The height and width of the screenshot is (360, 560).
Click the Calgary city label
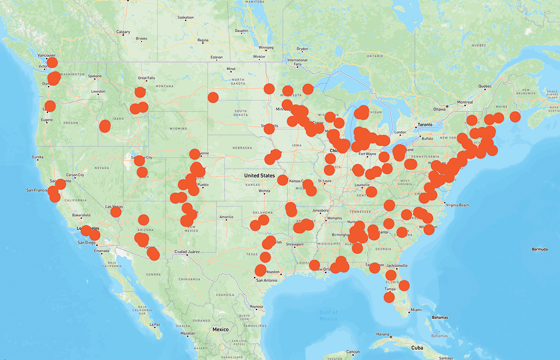tap(123, 32)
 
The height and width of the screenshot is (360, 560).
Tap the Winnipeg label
tap(265, 48)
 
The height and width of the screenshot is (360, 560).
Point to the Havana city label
tap(382, 334)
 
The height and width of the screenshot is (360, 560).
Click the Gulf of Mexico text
tap(328, 316)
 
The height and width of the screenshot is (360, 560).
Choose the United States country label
tap(259, 175)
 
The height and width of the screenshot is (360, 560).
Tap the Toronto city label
tap(425, 125)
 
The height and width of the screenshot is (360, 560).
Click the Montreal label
tap(465, 103)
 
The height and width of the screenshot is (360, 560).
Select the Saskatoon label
tap(186, 18)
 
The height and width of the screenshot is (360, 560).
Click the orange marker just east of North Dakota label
tap(269, 89)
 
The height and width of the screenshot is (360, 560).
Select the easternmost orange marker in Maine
tap(515, 117)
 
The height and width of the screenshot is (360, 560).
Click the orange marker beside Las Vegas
tap(116, 212)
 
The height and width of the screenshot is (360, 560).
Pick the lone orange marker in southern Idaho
tap(105, 125)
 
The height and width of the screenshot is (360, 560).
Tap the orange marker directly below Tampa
tap(389, 297)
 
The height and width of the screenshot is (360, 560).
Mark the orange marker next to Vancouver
tap(52, 62)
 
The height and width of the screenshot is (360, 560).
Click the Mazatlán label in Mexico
tap(188, 334)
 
